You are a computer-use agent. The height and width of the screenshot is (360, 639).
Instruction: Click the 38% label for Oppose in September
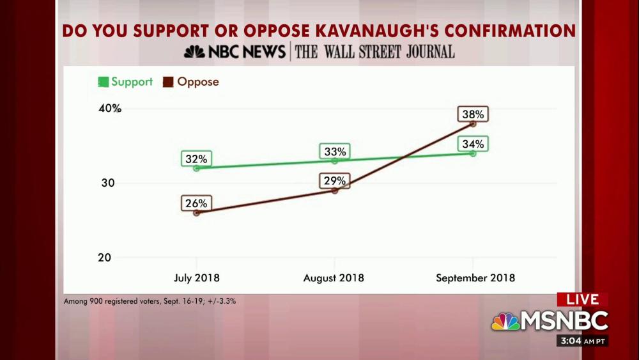click(x=473, y=114)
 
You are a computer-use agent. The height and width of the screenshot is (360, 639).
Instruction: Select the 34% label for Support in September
click(x=473, y=144)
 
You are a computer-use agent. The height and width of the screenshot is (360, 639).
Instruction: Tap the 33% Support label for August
click(x=334, y=152)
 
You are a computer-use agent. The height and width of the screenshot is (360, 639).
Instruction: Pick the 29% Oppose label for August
click(x=334, y=181)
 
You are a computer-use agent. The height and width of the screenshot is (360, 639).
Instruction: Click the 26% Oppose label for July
click(x=196, y=203)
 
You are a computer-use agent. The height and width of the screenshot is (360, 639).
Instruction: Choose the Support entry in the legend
click(x=125, y=82)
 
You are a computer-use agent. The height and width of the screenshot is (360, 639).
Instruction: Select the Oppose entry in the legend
click(x=191, y=82)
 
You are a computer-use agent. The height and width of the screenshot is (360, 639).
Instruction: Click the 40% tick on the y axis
click(x=110, y=108)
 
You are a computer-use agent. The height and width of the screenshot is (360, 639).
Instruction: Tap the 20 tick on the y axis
click(x=105, y=257)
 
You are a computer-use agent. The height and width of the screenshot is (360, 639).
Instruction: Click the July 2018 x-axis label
click(x=197, y=278)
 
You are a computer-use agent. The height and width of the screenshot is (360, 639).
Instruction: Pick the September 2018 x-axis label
click(x=475, y=278)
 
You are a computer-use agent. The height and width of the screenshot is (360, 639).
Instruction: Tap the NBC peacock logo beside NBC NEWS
click(x=195, y=52)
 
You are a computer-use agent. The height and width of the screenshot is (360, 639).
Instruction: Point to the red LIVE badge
click(x=582, y=299)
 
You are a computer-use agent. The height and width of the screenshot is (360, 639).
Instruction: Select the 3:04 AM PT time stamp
click(x=582, y=340)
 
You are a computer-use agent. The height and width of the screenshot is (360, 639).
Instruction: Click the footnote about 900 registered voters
click(x=150, y=301)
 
